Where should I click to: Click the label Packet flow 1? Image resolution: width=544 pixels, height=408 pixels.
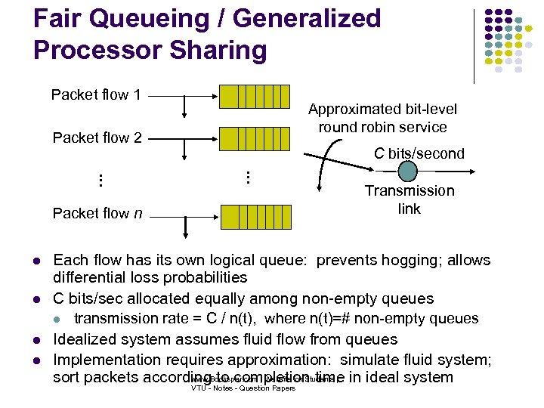pyautogui.click(x=96, y=95)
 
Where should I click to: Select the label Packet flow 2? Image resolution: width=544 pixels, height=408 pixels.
pyautogui.click(x=97, y=138)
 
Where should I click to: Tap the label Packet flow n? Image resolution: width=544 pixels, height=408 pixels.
pyautogui.click(x=97, y=213)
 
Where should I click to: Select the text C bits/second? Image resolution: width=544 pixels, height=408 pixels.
pyautogui.click(x=419, y=153)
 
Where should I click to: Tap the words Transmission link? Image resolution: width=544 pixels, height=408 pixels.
pyautogui.click(x=410, y=199)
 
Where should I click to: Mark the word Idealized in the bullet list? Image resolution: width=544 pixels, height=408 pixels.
pyautogui.click(x=88, y=339)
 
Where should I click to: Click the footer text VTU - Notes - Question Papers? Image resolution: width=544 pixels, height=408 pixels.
pyautogui.click(x=243, y=388)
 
